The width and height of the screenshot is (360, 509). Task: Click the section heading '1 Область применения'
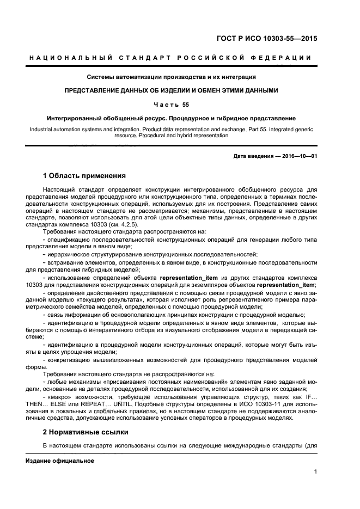(84, 176)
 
